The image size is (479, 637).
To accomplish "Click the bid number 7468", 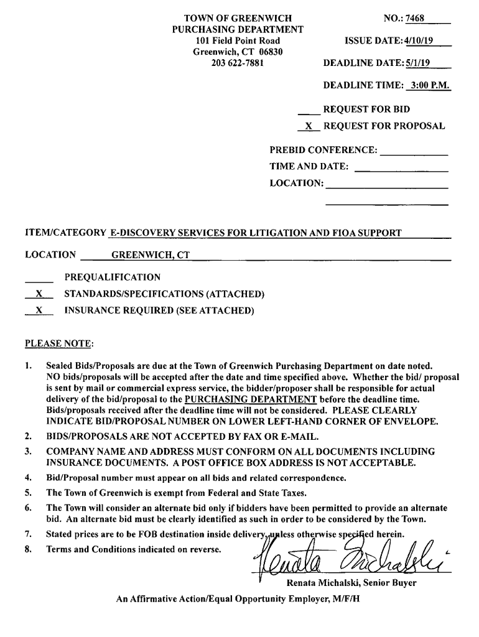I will pyautogui.click(x=414, y=18).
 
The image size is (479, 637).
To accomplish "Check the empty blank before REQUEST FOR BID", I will pyautogui.click(x=309, y=110).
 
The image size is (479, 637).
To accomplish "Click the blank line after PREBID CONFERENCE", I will pyautogui.click(x=414, y=151).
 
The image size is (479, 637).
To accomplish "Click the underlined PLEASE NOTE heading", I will pyautogui.click(x=58, y=343).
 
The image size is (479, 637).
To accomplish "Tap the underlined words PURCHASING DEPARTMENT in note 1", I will pyautogui.click(x=246, y=399).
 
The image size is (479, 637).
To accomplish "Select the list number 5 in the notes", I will pyautogui.click(x=28, y=493).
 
